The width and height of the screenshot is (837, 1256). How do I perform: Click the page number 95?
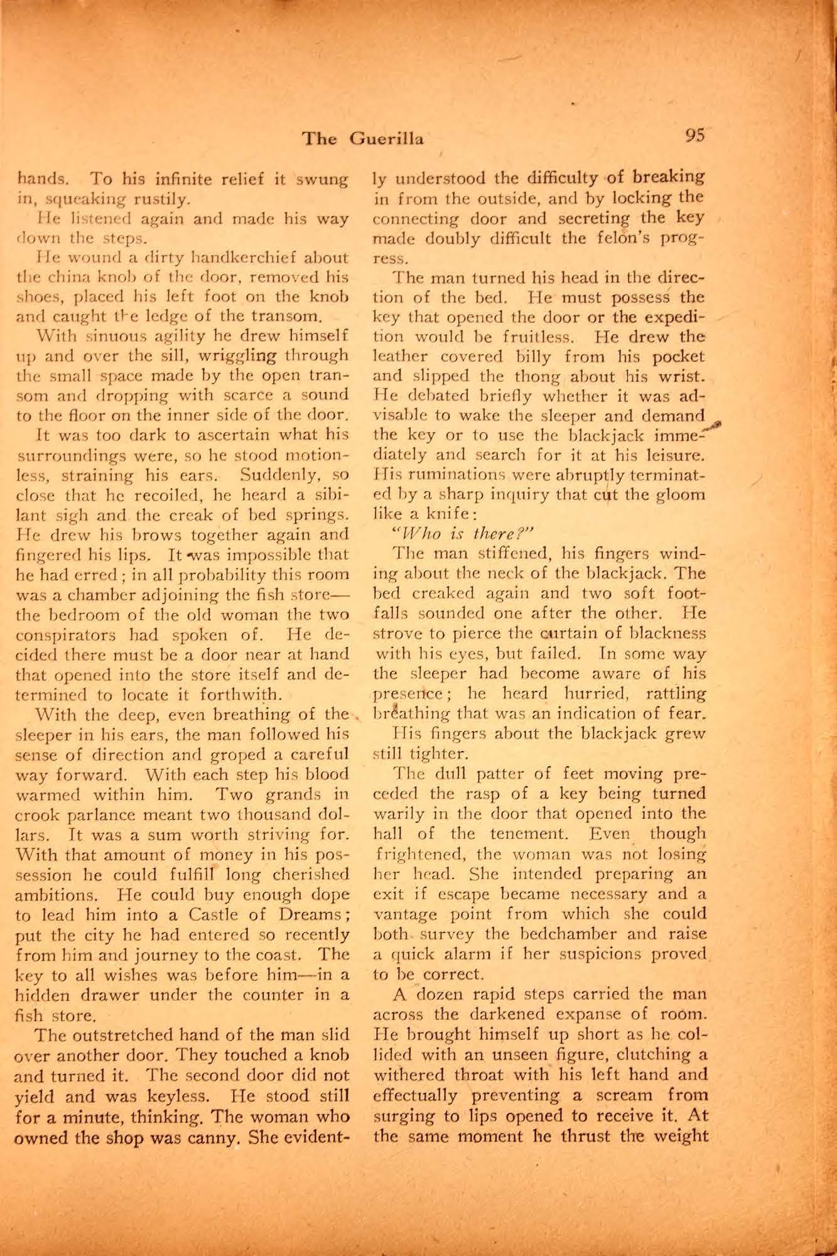tap(696, 136)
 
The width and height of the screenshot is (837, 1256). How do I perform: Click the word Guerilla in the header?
tap(387, 138)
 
